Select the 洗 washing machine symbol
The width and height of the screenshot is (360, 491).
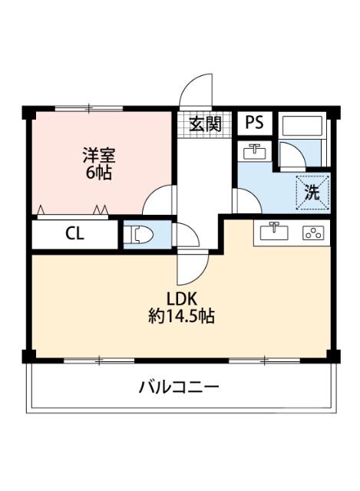pos(312,193)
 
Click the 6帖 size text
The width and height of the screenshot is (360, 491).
pos(97,173)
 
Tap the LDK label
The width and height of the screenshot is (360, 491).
pos(180,298)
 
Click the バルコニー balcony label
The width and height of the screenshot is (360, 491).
pos(179,386)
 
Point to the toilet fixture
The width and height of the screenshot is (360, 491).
pos(138,235)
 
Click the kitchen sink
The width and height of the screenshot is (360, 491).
pos(273,232)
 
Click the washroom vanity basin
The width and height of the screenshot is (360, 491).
pos(254,151)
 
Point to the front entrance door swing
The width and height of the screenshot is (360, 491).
pos(196,91)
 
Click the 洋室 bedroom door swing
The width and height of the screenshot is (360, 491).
pos(160,200)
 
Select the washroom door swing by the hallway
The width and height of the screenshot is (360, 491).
pos(246,201)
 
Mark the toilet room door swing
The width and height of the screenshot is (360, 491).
pos(186,235)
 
